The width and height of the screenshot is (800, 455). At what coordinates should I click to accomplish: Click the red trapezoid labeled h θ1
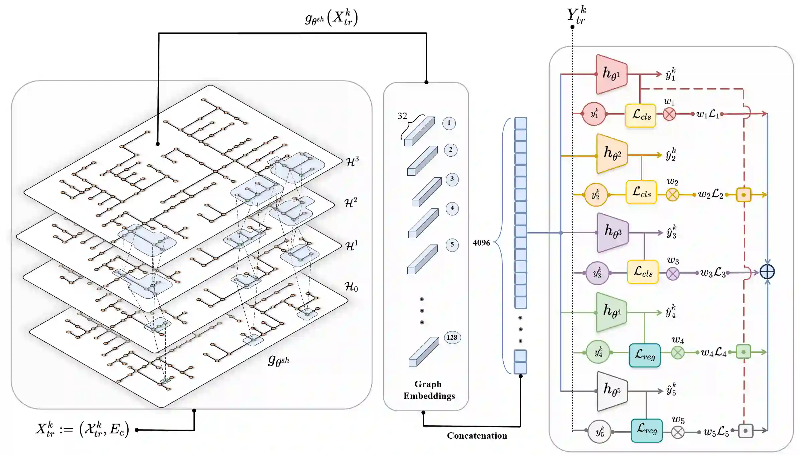611,74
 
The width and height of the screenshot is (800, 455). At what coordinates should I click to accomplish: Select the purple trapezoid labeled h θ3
613,233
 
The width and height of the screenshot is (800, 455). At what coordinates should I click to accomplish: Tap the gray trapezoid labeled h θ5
612,391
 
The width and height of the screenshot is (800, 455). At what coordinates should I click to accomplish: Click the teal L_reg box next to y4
644,355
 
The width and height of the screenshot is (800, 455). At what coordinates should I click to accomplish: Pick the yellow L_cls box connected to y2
641,192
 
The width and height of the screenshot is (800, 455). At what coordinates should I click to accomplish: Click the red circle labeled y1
594,114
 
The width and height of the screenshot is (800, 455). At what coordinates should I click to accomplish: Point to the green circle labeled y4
598,352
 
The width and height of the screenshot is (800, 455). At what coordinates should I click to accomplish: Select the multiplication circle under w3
672,274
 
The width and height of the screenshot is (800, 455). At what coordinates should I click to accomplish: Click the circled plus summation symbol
767,272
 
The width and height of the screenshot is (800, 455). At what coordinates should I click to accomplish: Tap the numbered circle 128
452,337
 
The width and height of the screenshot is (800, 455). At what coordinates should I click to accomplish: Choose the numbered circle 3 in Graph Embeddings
452,179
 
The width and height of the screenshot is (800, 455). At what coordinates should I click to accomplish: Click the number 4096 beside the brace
481,243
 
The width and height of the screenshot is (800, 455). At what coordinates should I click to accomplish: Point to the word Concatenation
477,436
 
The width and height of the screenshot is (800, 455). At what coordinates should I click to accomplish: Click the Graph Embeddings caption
429,390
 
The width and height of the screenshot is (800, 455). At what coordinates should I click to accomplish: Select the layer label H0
351,287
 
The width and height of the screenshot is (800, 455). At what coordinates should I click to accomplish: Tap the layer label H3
352,161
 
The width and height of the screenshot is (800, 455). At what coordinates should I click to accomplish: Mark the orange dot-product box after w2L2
744,195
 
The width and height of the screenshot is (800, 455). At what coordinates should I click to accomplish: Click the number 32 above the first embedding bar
402,116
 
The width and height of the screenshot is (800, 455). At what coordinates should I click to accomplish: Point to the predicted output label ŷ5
671,390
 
